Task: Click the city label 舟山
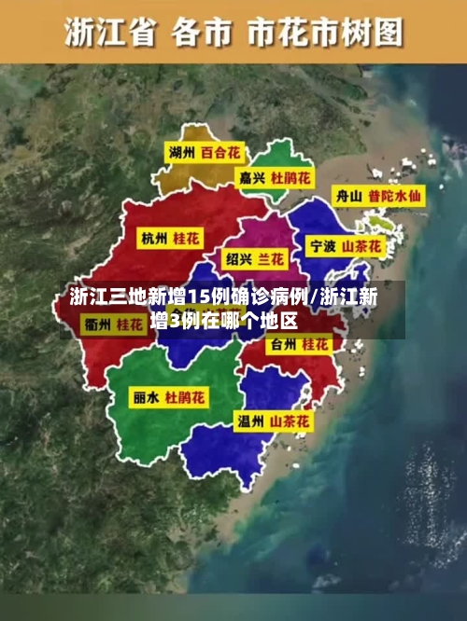pyautogui.click(x=347, y=197)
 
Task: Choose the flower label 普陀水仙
pyautogui.click(x=394, y=197)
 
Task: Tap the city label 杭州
pyautogui.click(x=154, y=239)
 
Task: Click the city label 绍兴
pyautogui.click(x=238, y=257)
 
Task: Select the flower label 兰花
pyautogui.click(x=273, y=257)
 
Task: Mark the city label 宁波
pyautogui.click(x=322, y=247)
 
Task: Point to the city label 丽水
pyautogui.click(x=145, y=397)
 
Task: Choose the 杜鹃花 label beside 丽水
pyautogui.click(x=186, y=397)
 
